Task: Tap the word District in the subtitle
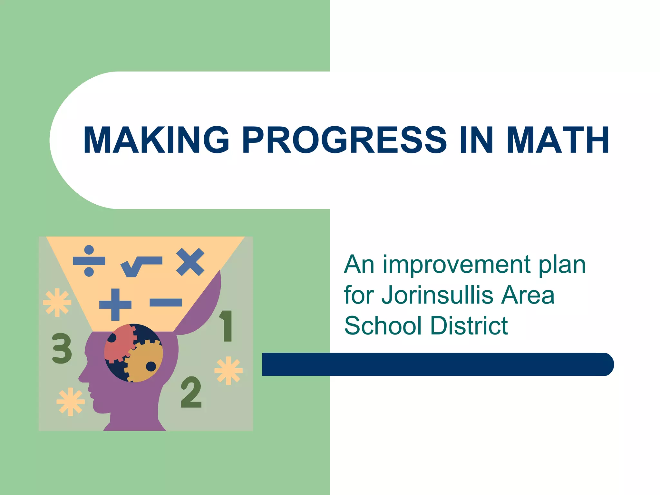click(469, 325)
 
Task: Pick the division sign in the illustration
click(89, 261)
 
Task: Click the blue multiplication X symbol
click(190, 262)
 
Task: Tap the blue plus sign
click(115, 304)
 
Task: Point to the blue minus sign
click(166, 302)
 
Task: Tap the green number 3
click(62, 348)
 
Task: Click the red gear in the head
click(118, 343)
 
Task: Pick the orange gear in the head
click(144, 362)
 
